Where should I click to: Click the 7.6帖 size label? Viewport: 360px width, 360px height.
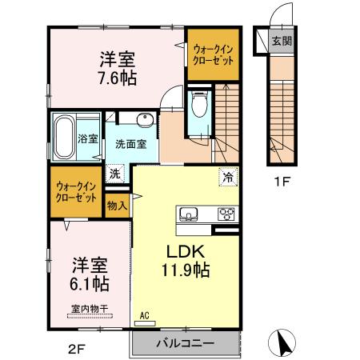pyautogui.click(x=118, y=78)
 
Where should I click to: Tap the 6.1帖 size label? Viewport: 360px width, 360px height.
pyautogui.click(x=87, y=283)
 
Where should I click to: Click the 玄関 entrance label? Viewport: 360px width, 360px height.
pyautogui.click(x=281, y=41)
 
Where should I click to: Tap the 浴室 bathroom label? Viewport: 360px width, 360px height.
pyautogui.click(x=88, y=138)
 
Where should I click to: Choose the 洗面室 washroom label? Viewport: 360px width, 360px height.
pyautogui.click(x=130, y=145)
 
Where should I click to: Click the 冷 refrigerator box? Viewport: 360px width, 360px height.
pyautogui.click(x=229, y=176)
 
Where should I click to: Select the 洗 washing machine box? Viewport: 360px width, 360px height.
pyautogui.click(x=116, y=174)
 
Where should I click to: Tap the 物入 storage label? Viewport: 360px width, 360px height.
pyautogui.click(x=117, y=206)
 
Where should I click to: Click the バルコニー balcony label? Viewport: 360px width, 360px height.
pyautogui.click(x=185, y=343)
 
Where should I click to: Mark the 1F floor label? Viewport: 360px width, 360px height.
pyautogui.click(x=281, y=181)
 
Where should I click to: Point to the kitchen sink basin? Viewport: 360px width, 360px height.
pyautogui.click(x=190, y=214)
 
